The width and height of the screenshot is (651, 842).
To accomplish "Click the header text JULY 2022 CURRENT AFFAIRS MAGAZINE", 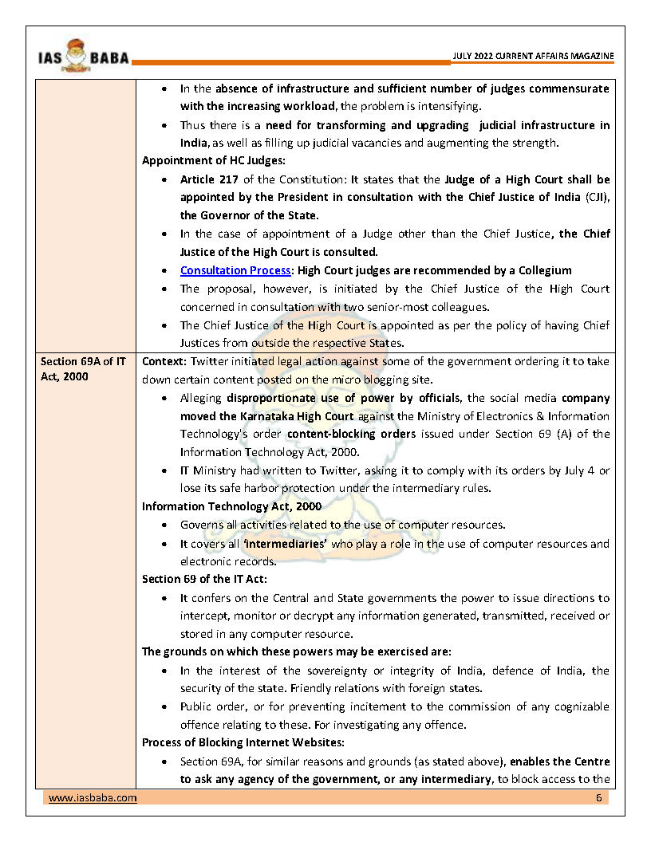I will [x=533, y=56].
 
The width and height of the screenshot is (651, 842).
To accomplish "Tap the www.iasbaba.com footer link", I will [x=93, y=798].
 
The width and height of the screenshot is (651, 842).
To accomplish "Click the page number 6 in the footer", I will [x=598, y=798].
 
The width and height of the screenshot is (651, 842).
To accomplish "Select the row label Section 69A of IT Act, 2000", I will [x=83, y=369].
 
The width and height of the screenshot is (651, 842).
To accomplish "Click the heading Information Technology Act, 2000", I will [x=231, y=506].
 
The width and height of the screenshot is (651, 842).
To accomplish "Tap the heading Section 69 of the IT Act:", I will [x=204, y=579].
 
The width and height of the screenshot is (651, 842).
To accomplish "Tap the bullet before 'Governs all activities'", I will [x=164, y=525].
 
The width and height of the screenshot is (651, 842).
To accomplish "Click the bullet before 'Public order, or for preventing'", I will [x=164, y=707].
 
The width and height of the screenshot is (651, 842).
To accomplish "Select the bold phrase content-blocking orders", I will [x=351, y=434].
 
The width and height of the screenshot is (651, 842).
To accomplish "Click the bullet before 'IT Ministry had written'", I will [x=164, y=471].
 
